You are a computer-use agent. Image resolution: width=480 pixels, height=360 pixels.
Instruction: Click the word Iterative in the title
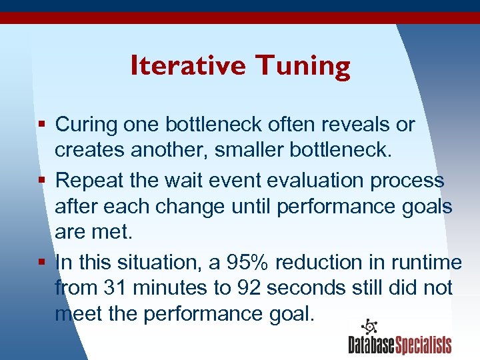(x=188, y=65)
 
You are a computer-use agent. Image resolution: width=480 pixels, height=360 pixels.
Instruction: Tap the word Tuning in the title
(x=303, y=67)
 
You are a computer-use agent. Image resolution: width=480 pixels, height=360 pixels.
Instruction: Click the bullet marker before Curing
(x=43, y=125)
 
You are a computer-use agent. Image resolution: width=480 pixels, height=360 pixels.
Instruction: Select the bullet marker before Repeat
(x=43, y=180)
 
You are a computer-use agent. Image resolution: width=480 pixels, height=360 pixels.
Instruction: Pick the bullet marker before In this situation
(x=43, y=262)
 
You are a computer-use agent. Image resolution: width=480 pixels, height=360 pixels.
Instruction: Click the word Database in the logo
(x=371, y=345)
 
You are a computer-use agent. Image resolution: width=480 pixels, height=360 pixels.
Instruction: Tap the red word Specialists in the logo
(x=424, y=345)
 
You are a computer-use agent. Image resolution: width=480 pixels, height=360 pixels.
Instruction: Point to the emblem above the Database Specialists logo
(x=369, y=327)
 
